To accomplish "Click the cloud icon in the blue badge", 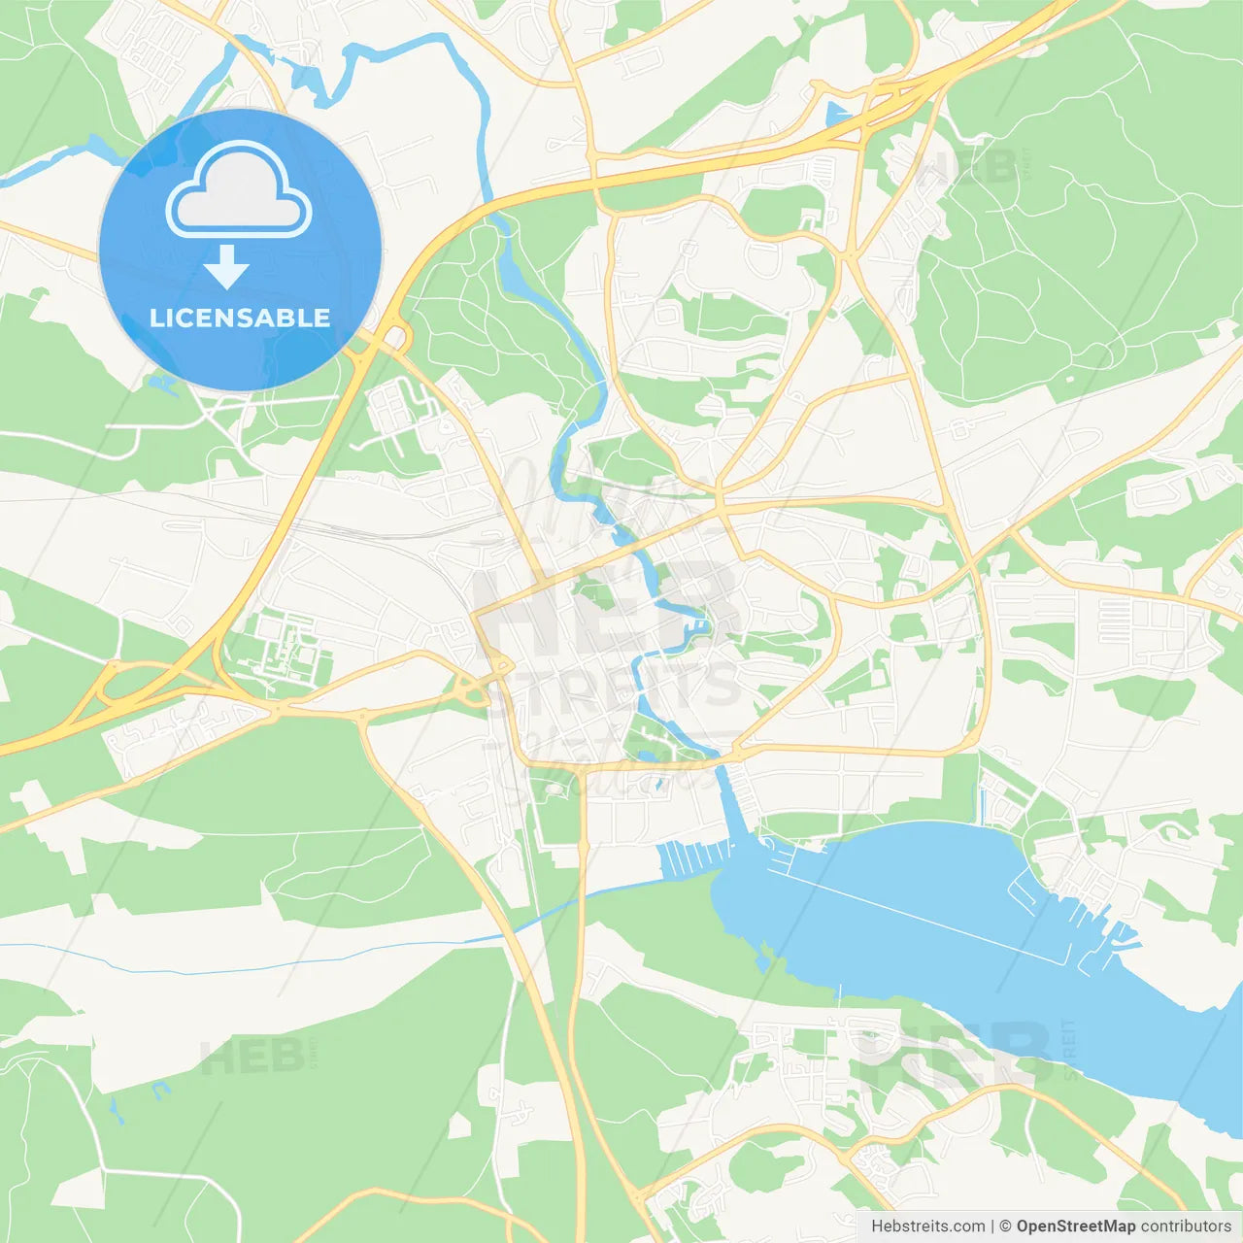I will tap(239, 191).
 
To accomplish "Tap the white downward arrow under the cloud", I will tap(226, 267).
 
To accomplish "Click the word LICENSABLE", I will tap(240, 319).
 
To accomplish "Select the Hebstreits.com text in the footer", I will tap(927, 1226).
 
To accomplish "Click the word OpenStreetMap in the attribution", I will tap(1075, 1226).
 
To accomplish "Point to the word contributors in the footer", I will tap(1186, 1226).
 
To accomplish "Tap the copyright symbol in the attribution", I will tap(1005, 1226).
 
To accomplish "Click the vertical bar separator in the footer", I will tap(992, 1226).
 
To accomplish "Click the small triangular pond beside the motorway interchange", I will tap(836, 115).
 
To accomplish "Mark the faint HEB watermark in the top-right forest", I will tap(966, 167).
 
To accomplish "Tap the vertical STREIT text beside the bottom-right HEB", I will tap(1069, 1049).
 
